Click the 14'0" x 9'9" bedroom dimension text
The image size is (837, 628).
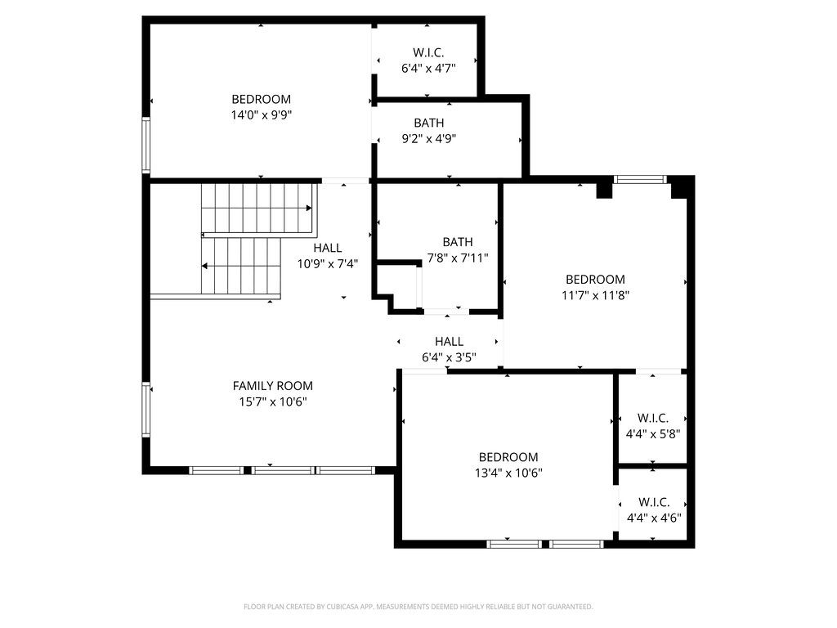tap(261, 115)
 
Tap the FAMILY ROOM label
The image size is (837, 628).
tap(272, 386)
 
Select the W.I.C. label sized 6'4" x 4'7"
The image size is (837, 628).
tap(427, 53)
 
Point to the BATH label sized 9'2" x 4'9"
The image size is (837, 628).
tap(428, 123)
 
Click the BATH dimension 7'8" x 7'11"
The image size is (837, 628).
tap(458, 258)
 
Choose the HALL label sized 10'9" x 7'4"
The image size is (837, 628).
tap(328, 248)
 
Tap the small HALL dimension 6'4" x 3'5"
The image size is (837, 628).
tap(449, 357)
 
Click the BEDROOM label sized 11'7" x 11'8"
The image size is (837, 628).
tap(595, 279)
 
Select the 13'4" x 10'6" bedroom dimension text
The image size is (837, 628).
tap(508, 473)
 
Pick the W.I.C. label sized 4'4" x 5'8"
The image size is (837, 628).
tap(653, 418)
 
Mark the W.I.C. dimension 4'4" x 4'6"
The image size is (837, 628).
tap(654, 518)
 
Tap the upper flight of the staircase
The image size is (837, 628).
tap(257, 208)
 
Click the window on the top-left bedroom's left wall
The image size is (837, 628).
tap(146, 145)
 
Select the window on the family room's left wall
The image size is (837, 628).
tap(146, 409)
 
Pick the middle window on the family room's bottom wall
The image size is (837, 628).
tap(282, 470)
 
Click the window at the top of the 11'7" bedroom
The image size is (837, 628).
tap(640, 179)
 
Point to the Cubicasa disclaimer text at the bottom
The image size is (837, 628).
tap(418, 607)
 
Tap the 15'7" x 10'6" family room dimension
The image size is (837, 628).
tap(272, 401)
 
